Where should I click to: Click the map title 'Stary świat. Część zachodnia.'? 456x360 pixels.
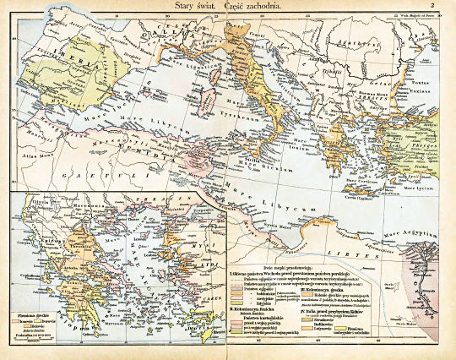(x=229, y=6)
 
